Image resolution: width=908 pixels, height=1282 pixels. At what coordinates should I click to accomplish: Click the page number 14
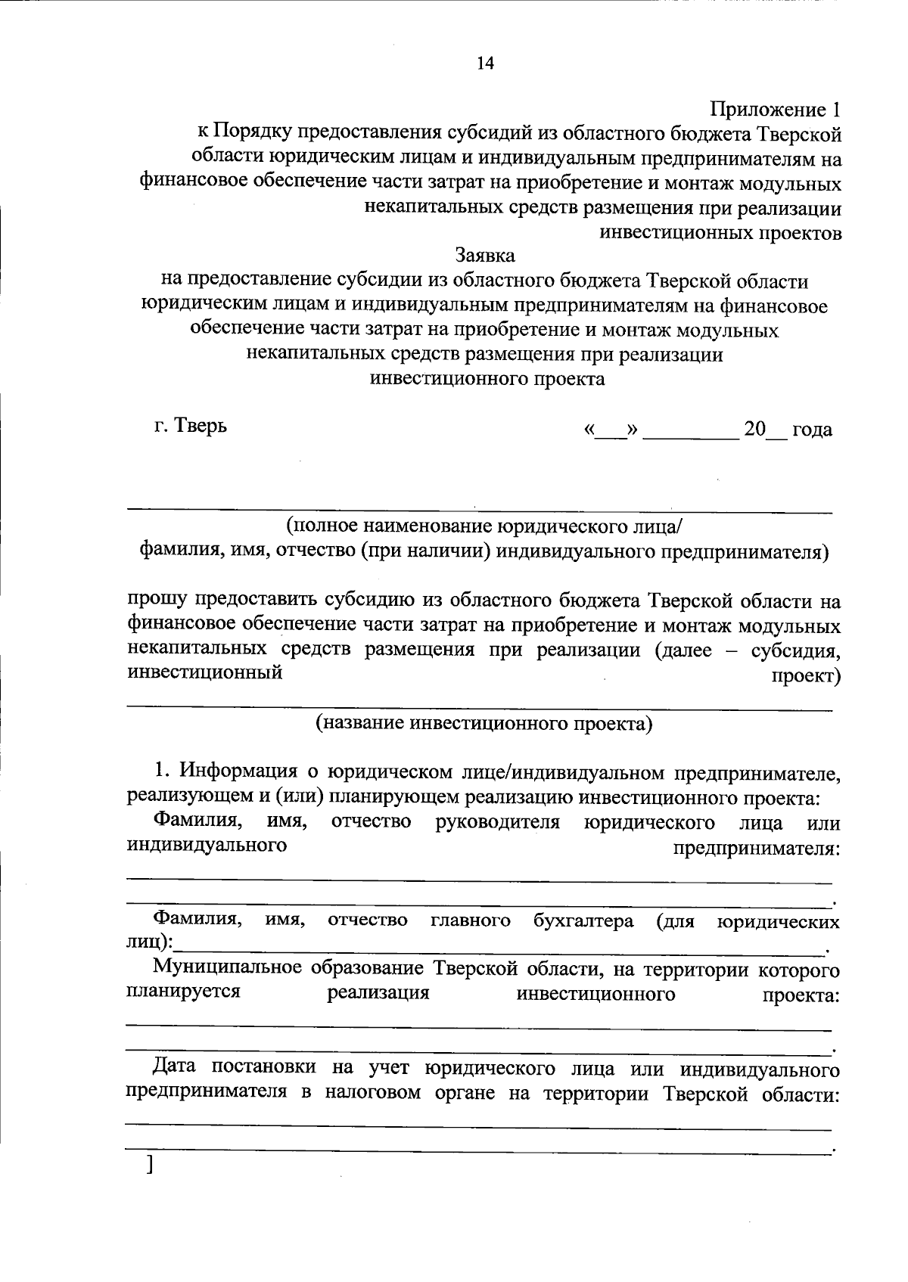tap(484, 64)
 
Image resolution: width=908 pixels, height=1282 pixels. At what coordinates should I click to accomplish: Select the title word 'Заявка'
tap(485, 256)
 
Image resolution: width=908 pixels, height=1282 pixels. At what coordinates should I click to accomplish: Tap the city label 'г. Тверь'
tap(190, 425)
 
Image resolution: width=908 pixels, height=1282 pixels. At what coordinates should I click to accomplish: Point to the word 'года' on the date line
tap(812, 430)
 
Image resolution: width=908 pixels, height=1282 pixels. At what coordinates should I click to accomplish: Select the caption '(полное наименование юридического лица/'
tap(485, 526)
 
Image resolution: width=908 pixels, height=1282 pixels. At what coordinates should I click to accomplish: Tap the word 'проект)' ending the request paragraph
tap(806, 675)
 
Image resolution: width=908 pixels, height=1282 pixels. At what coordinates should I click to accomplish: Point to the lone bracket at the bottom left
tap(151, 1165)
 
